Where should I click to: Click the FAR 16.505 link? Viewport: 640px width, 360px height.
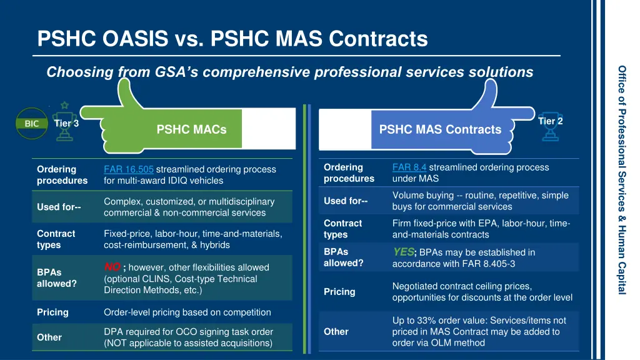tap(128, 169)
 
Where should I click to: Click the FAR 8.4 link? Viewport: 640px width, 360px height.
tap(409, 167)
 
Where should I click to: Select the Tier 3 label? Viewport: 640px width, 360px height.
tap(66, 123)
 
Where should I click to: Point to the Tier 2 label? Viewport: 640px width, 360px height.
tap(550, 121)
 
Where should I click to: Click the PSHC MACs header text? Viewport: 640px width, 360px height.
tap(191, 130)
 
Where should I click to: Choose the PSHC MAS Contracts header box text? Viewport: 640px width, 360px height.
tap(440, 129)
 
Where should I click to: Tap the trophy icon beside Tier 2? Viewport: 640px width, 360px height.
tap(551, 132)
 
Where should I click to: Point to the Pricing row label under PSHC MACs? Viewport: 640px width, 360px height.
tap(52, 312)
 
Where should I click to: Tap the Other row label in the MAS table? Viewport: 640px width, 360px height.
tap(336, 332)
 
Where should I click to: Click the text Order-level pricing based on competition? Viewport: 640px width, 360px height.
tap(187, 312)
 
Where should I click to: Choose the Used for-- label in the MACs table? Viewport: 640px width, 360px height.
tap(59, 207)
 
